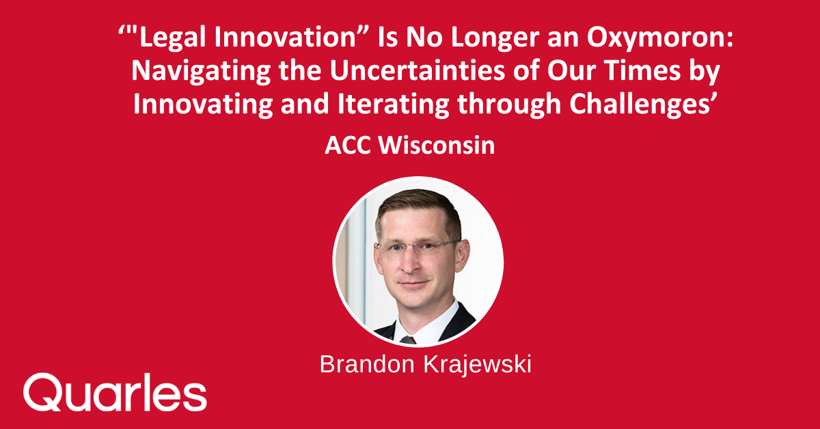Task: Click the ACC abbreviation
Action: pyautogui.click(x=346, y=146)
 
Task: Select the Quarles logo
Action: pyautogui.click(x=115, y=392)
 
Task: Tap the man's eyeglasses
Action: pyautogui.click(x=417, y=247)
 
